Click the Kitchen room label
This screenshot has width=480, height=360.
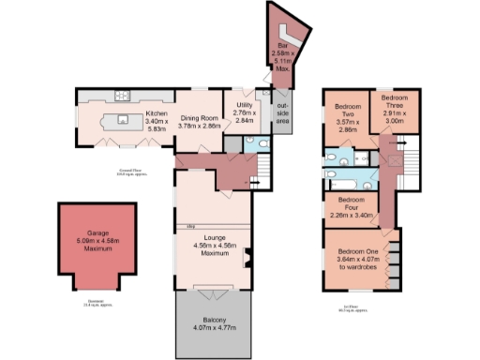coord(156,112)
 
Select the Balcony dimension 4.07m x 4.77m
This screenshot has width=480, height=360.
coord(213,329)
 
